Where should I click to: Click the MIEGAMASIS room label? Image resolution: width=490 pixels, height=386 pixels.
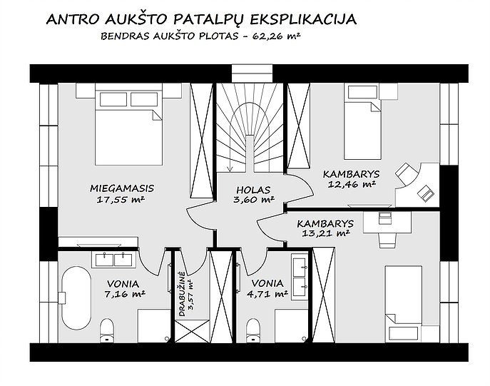tap(122, 188)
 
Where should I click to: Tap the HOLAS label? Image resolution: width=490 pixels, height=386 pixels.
tap(253, 190)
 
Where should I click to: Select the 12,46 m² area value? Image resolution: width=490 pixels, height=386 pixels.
tap(351, 184)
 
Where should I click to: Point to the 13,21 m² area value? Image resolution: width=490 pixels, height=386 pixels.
tap(325, 233)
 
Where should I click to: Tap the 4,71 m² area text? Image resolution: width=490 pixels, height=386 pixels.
tap(267, 294)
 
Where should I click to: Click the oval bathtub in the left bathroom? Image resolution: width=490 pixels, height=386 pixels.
tap(76, 298)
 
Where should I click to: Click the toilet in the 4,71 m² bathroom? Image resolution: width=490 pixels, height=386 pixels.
tap(253, 330)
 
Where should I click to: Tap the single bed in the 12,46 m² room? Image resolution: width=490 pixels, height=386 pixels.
tap(362, 121)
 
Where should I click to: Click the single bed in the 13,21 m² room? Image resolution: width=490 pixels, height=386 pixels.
tap(404, 304)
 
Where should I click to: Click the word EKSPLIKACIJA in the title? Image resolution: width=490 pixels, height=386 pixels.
tap(303, 19)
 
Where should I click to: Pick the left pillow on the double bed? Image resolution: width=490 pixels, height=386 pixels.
tap(113, 99)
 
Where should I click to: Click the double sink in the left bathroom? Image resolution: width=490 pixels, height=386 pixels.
tap(113, 260)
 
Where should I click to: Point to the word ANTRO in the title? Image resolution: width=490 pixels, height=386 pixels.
tap(73, 20)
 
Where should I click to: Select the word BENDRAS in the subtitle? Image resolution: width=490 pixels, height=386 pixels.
tap(126, 36)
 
